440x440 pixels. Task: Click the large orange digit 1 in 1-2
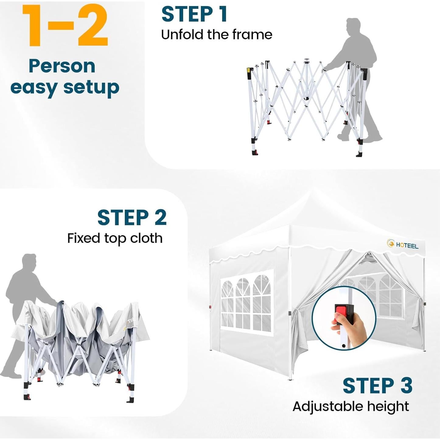coord(33,26)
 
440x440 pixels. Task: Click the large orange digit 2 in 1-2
coord(93,26)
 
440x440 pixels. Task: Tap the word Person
coord(62,66)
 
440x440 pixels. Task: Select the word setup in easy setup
coord(91,88)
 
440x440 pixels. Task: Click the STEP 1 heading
coord(194,14)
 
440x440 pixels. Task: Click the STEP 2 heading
coord(132,218)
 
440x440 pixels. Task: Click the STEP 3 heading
coord(377,386)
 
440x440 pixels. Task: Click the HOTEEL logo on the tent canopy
coord(403,244)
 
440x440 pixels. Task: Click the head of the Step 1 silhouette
coord(353,26)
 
